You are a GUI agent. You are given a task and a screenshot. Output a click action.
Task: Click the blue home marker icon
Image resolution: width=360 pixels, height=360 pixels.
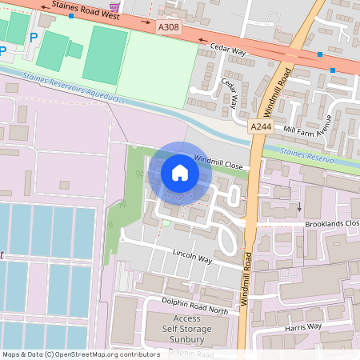click(180, 172)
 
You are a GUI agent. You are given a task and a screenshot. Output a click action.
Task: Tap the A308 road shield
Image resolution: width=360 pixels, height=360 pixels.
click(169, 27)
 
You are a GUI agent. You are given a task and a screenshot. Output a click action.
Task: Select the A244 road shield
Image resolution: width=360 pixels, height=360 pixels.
click(259, 127)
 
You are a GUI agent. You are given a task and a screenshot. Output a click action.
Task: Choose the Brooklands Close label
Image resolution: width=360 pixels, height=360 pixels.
click(331, 224)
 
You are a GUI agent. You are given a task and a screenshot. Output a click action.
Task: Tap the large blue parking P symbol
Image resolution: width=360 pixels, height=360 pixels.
click(34, 38)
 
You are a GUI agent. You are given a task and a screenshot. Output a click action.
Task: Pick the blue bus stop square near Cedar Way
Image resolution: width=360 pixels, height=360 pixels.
click(320, 54)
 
